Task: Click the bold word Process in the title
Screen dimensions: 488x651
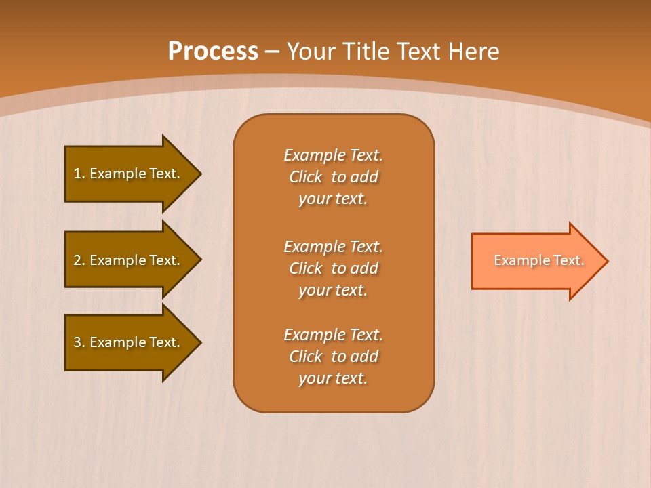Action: pyautogui.click(x=213, y=52)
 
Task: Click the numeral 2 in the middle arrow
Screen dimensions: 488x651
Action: pyautogui.click(x=77, y=260)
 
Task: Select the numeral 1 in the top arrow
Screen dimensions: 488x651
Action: pyautogui.click(x=77, y=174)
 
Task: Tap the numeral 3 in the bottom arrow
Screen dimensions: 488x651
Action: pyautogui.click(x=77, y=342)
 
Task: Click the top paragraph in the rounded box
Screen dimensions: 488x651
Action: pyautogui.click(x=333, y=177)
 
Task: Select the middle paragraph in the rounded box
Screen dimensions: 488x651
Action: pyautogui.click(x=333, y=268)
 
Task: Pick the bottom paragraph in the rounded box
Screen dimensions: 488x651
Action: pyautogui.click(x=333, y=357)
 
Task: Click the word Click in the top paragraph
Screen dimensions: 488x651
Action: pyautogui.click(x=305, y=177)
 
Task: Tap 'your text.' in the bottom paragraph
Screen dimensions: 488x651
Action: pyautogui.click(x=333, y=378)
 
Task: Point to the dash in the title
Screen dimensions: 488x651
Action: pyautogui.click(x=273, y=52)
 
